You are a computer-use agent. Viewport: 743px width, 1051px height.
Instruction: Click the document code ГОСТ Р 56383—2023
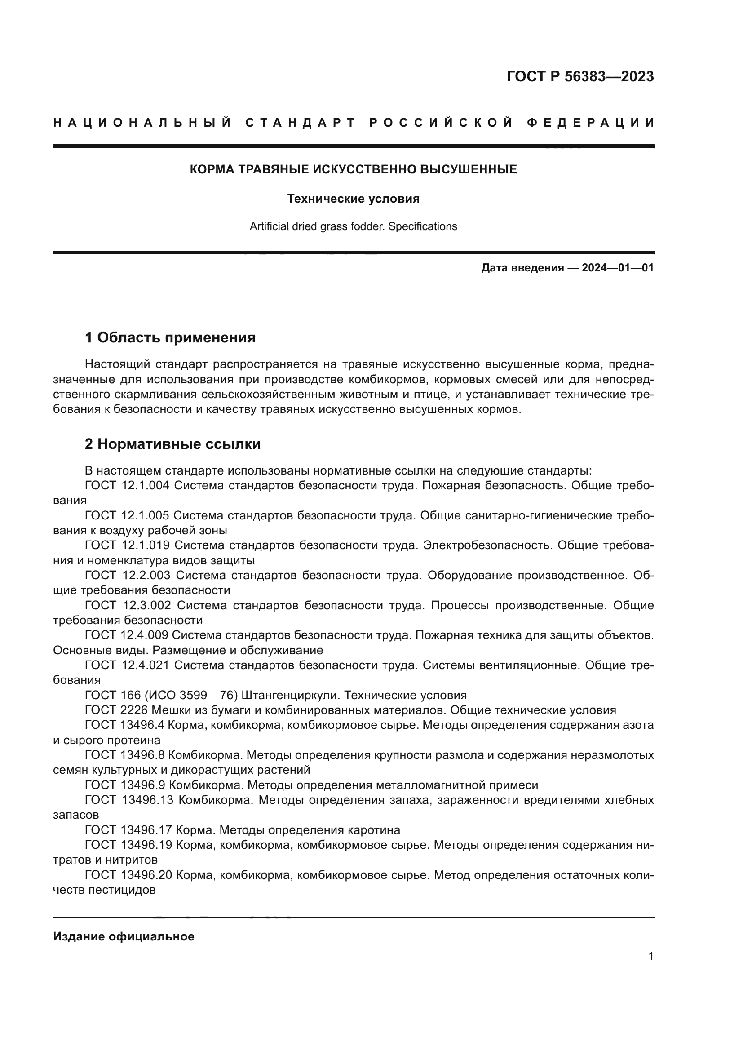[x=579, y=77]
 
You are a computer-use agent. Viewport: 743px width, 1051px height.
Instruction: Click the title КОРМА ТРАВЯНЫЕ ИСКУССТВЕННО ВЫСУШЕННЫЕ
[x=353, y=169]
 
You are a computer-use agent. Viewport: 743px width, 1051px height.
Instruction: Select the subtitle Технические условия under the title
[x=353, y=199]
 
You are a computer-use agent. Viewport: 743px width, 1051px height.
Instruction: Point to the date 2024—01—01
[x=618, y=268]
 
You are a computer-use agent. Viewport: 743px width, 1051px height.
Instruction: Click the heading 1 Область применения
[x=170, y=338]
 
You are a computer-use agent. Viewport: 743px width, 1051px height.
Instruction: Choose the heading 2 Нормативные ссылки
[x=172, y=444]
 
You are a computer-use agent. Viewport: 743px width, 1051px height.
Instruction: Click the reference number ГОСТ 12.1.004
[x=127, y=486]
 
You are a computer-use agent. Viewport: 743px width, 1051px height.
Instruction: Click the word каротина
[x=374, y=830]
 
